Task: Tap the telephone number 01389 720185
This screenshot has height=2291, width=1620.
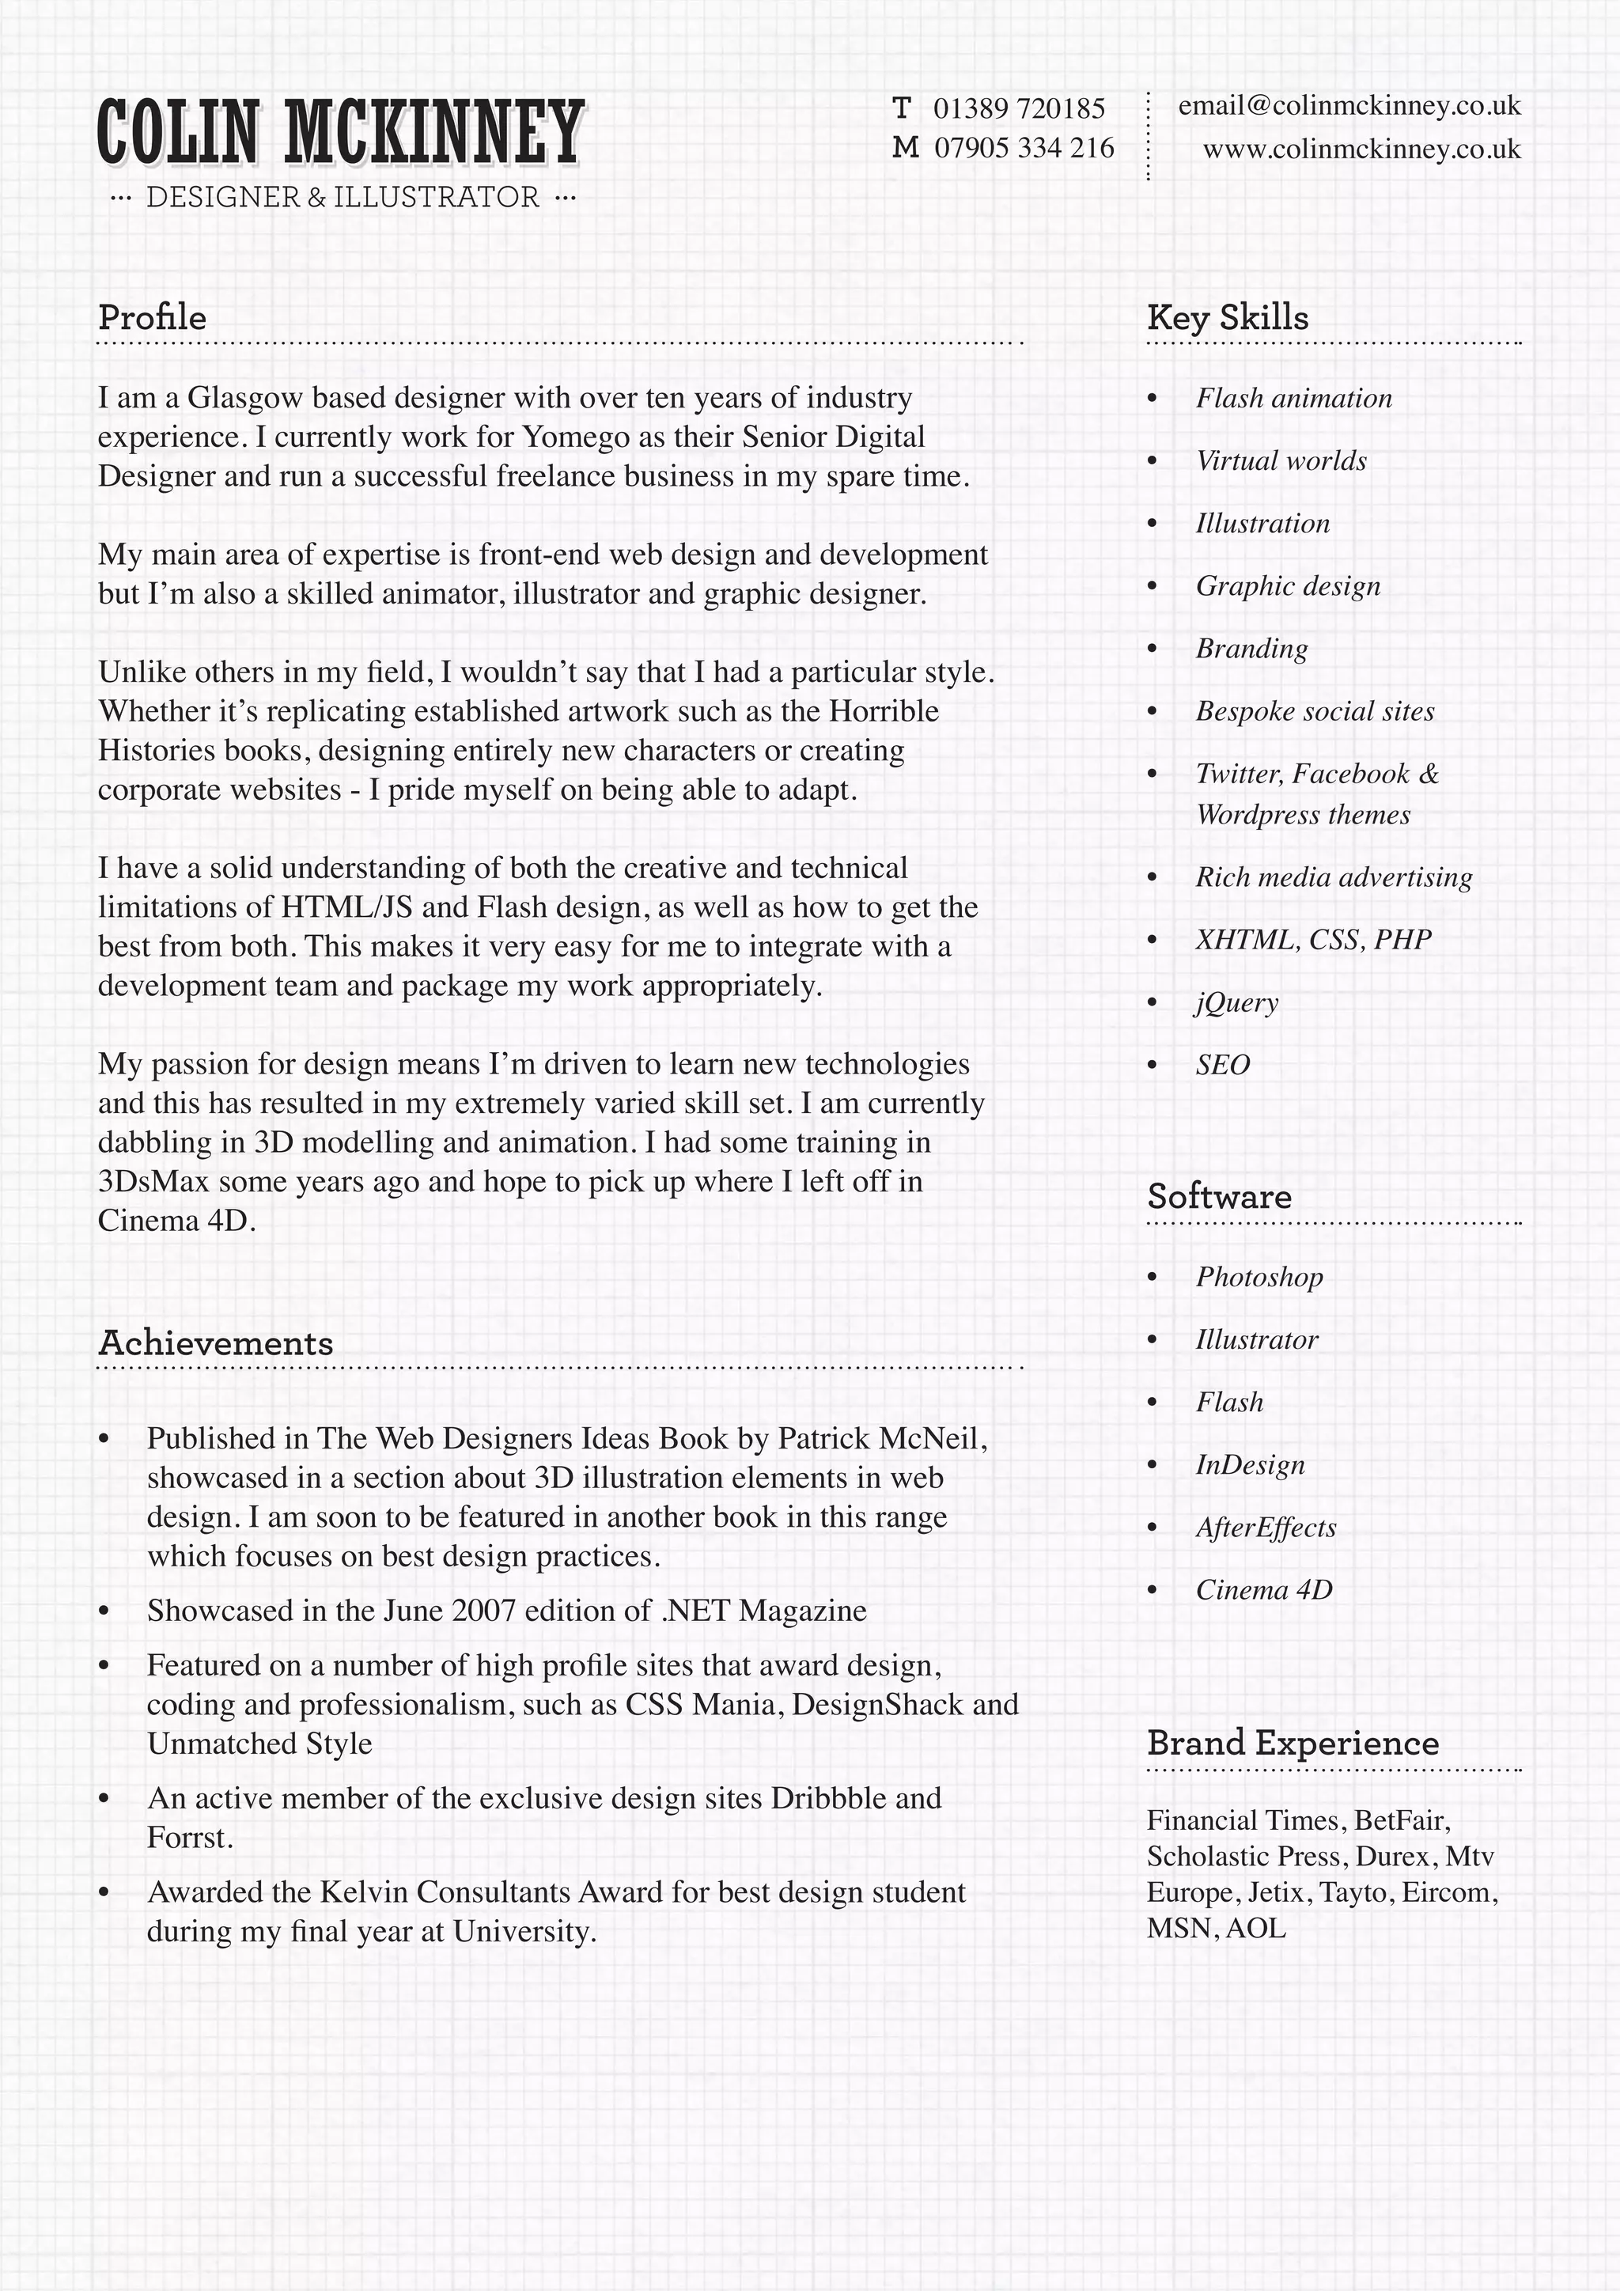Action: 1019,108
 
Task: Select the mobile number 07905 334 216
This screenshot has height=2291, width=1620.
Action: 1024,149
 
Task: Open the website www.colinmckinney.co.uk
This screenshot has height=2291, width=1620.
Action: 1361,150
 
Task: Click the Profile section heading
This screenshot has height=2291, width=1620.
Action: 152,317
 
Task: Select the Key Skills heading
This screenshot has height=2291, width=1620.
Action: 1227,317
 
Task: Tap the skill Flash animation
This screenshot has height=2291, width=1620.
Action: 1294,398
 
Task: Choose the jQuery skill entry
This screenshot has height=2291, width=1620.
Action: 1237,1002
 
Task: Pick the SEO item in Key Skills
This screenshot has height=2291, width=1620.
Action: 1223,1065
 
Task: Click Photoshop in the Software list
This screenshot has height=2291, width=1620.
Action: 1259,1277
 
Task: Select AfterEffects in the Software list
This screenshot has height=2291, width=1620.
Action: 1266,1528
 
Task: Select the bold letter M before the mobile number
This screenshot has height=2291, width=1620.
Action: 905,149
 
